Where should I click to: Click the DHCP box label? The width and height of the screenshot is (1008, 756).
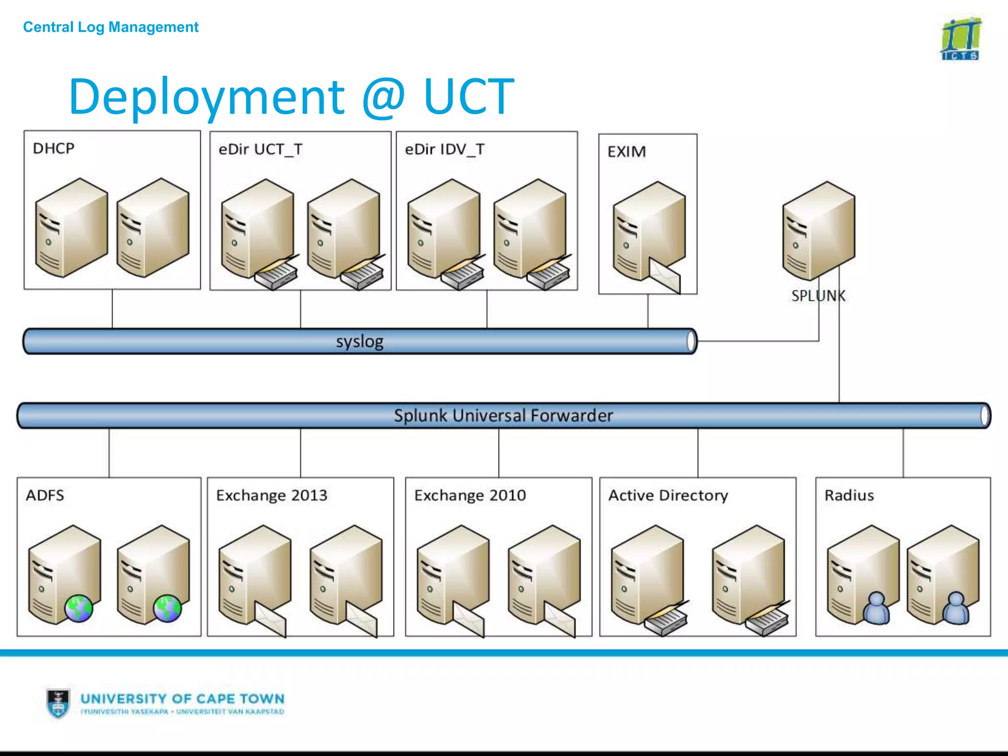point(53,148)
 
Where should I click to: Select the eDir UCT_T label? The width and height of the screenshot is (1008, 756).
point(260,149)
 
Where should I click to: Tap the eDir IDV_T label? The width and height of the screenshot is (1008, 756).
point(444,149)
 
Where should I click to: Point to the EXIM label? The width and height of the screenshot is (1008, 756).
point(626,152)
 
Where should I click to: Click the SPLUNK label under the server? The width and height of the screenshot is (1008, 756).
point(818,296)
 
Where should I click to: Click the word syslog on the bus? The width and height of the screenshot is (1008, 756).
point(359,342)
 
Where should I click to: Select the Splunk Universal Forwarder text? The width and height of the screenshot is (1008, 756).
point(503,416)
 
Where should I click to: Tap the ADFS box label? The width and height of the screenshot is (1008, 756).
point(45,495)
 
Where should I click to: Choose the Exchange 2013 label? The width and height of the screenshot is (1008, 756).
point(271,495)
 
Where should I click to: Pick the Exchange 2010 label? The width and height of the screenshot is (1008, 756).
point(470,495)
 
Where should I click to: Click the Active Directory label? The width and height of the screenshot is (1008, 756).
point(668,495)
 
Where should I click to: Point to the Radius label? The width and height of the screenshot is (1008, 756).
point(849,495)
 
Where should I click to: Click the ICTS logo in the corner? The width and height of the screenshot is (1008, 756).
point(960,39)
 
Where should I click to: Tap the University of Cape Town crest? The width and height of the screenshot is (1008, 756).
point(58,703)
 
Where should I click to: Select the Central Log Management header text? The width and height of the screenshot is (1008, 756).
point(111,27)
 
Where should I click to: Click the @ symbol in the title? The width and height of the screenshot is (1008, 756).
point(383,97)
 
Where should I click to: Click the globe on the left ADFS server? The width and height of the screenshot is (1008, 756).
point(79,608)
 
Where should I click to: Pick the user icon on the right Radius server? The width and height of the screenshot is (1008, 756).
point(956,608)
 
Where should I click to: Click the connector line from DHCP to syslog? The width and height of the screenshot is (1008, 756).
point(112,309)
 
